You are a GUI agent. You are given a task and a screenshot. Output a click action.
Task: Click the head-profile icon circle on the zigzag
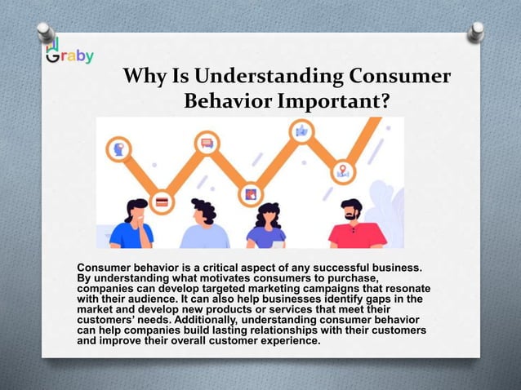pyautogui.click(x=118, y=148)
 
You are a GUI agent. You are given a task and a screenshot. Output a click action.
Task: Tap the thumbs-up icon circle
pyautogui.click(x=302, y=131)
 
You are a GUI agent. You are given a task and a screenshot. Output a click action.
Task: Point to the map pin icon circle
pyautogui.click(x=343, y=171)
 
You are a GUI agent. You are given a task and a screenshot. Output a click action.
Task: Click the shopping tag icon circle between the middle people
pyautogui.click(x=250, y=195)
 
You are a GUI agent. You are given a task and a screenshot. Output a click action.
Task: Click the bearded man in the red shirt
pyautogui.click(x=353, y=224)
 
